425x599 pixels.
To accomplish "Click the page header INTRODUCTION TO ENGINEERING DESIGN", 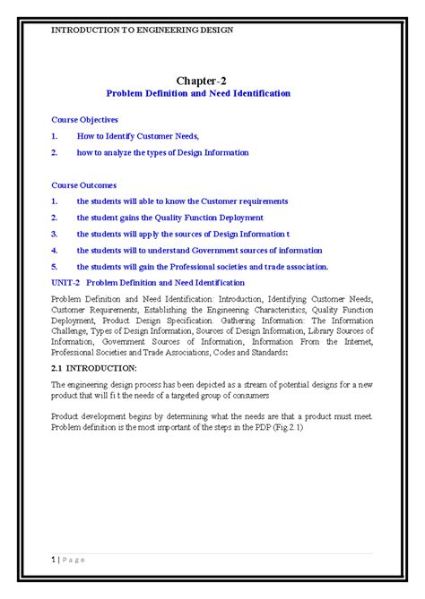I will click(142, 30).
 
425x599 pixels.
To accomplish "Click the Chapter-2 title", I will click(212, 81).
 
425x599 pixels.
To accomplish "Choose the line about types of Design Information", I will click(162, 152).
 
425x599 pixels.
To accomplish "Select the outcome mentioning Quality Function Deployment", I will click(169, 218).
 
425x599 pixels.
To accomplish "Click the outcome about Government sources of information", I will click(199, 251).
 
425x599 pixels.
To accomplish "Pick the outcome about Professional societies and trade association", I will click(203, 267).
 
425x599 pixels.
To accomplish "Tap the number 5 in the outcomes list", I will click(55, 267).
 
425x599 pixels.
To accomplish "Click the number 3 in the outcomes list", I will click(55, 234).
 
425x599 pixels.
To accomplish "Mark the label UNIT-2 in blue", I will click(65, 282).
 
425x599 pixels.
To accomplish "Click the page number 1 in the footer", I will click(52, 585).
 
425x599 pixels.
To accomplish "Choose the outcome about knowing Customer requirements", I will click(182, 201).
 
